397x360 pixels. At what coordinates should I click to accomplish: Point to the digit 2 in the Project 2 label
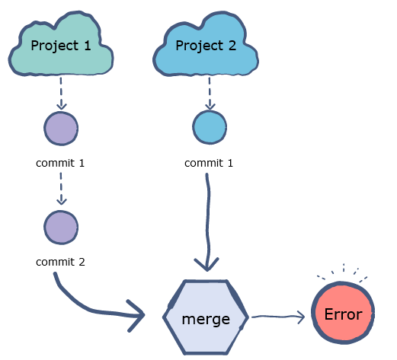(x=231, y=46)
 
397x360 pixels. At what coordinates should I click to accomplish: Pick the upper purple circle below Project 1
(x=61, y=128)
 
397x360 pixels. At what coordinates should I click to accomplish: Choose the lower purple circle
(x=61, y=228)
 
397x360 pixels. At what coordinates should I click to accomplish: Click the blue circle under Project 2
(x=209, y=126)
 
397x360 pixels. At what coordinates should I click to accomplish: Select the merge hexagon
(x=206, y=317)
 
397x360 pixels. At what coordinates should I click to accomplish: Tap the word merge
(x=206, y=319)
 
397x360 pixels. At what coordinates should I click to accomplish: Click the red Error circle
(x=343, y=314)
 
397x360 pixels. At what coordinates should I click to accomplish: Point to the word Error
(x=343, y=314)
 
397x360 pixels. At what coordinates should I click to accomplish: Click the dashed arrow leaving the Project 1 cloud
(x=61, y=95)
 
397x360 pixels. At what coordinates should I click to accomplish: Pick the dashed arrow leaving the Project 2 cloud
(x=209, y=95)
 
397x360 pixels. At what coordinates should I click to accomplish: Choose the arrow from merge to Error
(x=278, y=316)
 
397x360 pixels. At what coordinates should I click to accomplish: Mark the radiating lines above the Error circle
(x=343, y=272)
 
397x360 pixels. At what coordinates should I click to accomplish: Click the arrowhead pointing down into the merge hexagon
(x=207, y=265)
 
